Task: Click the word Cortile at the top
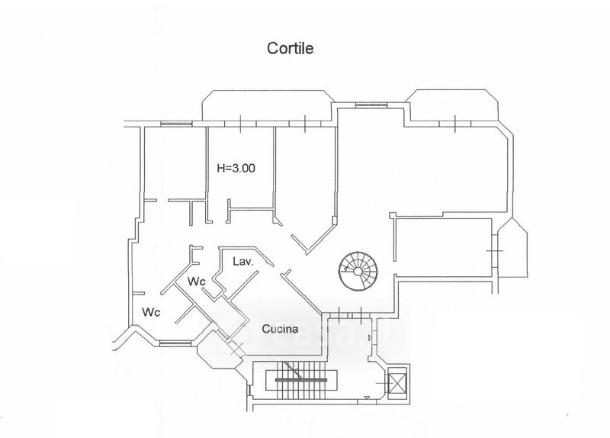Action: [x=290, y=47]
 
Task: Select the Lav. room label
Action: [x=242, y=261]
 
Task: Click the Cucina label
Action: [x=280, y=330]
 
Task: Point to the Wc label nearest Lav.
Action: [x=197, y=282]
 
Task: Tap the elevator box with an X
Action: [x=396, y=379]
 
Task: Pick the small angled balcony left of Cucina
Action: [x=210, y=352]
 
